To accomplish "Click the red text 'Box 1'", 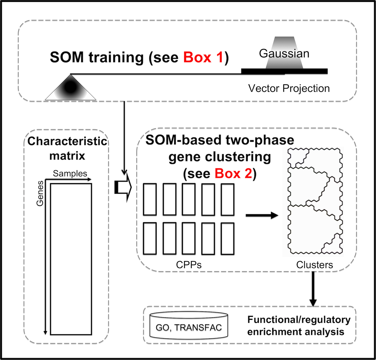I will click(203, 58).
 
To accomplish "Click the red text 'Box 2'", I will click(233, 173).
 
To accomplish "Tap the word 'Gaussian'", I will click(284, 53).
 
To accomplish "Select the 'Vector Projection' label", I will click(289, 88).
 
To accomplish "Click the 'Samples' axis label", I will click(70, 173).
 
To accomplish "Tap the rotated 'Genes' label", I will click(40, 193).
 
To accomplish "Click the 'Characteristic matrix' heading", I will click(67, 148).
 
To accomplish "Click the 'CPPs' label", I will click(189, 265).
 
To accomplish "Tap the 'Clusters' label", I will click(314, 265).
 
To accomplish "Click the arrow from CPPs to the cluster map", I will click(262, 215).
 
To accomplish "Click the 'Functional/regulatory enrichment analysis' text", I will click(299, 326).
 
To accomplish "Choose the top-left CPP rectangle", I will click(150, 200).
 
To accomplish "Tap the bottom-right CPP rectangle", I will click(227, 238).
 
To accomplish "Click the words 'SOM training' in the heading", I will click(97, 58).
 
